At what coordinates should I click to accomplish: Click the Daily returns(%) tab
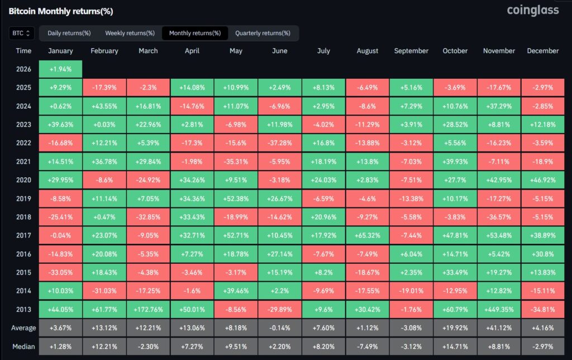click(69, 33)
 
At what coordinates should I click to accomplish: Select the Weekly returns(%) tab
click(130, 33)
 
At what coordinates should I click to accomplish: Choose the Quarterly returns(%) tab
click(263, 33)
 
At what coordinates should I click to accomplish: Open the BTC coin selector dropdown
click(22, 33)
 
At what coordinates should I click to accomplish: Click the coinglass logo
click(532, 10)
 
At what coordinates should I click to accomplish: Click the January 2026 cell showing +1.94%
click(61, 69)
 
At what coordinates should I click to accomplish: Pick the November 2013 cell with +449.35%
click(499, 309)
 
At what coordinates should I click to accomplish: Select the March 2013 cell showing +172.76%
click(148, 309)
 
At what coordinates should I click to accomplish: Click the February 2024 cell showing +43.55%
click(104, 106)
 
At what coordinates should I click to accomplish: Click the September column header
click(411, 51)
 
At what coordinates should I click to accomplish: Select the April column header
click(192, 51)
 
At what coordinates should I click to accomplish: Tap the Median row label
click(23, 346)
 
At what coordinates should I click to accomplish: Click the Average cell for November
click(499, 328)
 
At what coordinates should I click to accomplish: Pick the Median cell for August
click(368, 346)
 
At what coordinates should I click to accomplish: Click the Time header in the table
click(23, 51)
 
